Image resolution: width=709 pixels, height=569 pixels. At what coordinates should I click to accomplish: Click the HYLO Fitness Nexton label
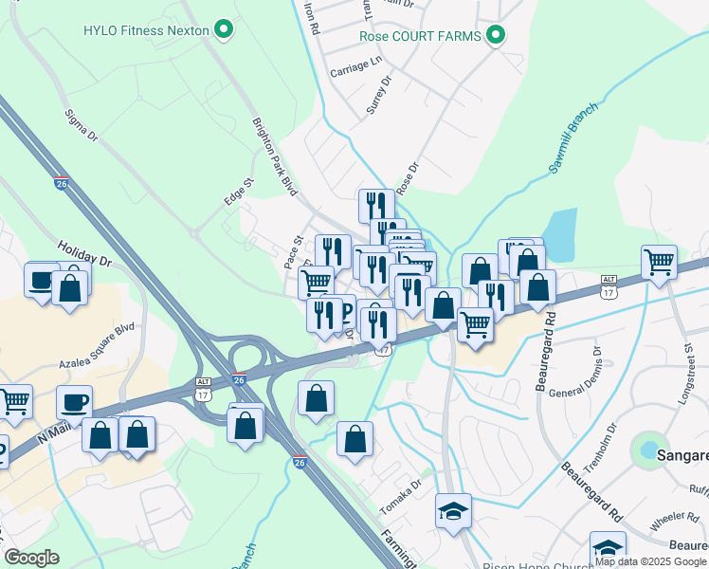tap(146, 30)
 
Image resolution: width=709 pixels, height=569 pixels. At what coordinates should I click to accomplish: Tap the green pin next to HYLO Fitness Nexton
tap(224, 30)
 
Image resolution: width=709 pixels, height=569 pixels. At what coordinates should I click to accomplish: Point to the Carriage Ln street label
tap(354, 66)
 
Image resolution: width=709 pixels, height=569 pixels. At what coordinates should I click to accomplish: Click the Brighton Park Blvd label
tap(274, 156)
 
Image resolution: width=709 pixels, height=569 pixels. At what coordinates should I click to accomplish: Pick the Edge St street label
tap(240, 191)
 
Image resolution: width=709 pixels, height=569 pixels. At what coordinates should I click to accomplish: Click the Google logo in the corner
tap(31, 557)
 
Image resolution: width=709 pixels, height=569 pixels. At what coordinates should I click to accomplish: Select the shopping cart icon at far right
tap(659, 261)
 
